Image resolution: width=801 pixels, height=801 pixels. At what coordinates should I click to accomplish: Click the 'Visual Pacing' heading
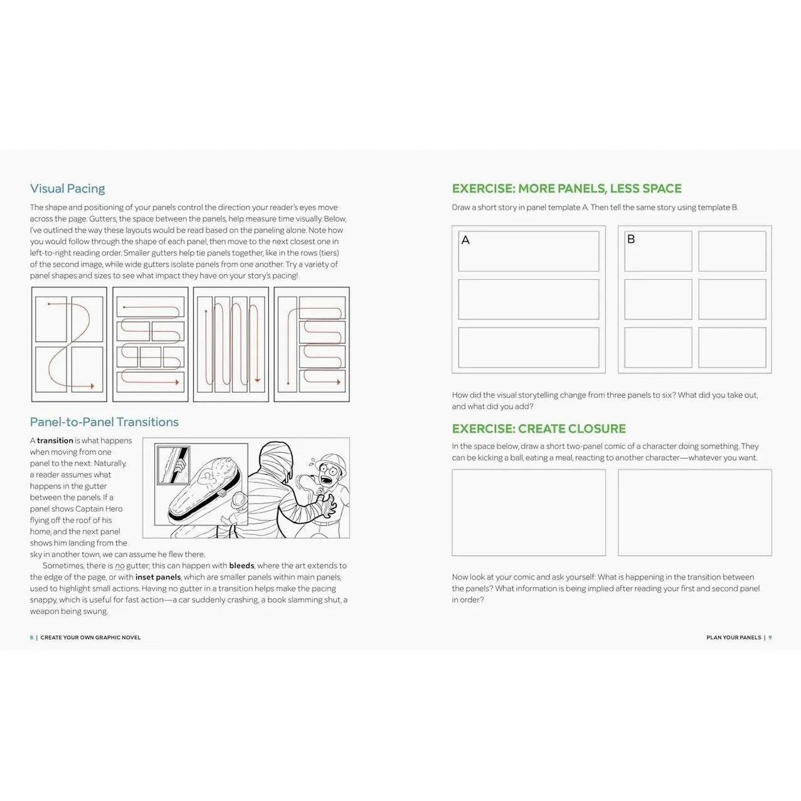(67, 188)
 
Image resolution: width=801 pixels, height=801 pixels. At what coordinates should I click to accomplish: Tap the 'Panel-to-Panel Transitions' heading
(104, 422)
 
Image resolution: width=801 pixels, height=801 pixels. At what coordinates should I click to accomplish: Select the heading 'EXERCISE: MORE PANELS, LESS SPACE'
(566, 188)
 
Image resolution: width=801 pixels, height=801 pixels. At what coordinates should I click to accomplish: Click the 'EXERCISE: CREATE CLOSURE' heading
(539, 428)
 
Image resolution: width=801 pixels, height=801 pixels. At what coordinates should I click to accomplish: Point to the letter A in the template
(465, 240)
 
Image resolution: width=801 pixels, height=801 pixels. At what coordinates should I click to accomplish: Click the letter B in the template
(631, 239)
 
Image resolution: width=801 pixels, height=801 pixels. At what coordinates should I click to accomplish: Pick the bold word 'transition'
(55, 440)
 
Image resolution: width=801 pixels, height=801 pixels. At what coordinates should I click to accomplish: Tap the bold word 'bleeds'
(241, 566)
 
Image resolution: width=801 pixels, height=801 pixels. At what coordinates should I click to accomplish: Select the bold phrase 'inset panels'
(158, 577)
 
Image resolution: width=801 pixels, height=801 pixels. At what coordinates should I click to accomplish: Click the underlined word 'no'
(120, 566)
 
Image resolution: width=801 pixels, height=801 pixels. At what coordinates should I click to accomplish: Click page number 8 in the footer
(31, 637)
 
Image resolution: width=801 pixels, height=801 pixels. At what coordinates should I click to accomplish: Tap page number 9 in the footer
(770, 637)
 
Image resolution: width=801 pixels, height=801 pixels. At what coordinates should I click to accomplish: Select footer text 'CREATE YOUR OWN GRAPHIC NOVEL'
(90, 637)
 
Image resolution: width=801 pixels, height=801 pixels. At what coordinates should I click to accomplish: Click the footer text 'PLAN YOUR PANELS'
(733, 637)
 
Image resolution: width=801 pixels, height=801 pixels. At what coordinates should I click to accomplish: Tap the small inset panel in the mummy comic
(173, 465)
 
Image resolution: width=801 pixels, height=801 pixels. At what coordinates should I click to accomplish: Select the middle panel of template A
(528, 299)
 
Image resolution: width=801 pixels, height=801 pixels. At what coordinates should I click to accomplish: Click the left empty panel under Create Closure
(528, 512)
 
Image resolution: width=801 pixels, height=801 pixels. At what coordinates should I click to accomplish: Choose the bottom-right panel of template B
(732, 347)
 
